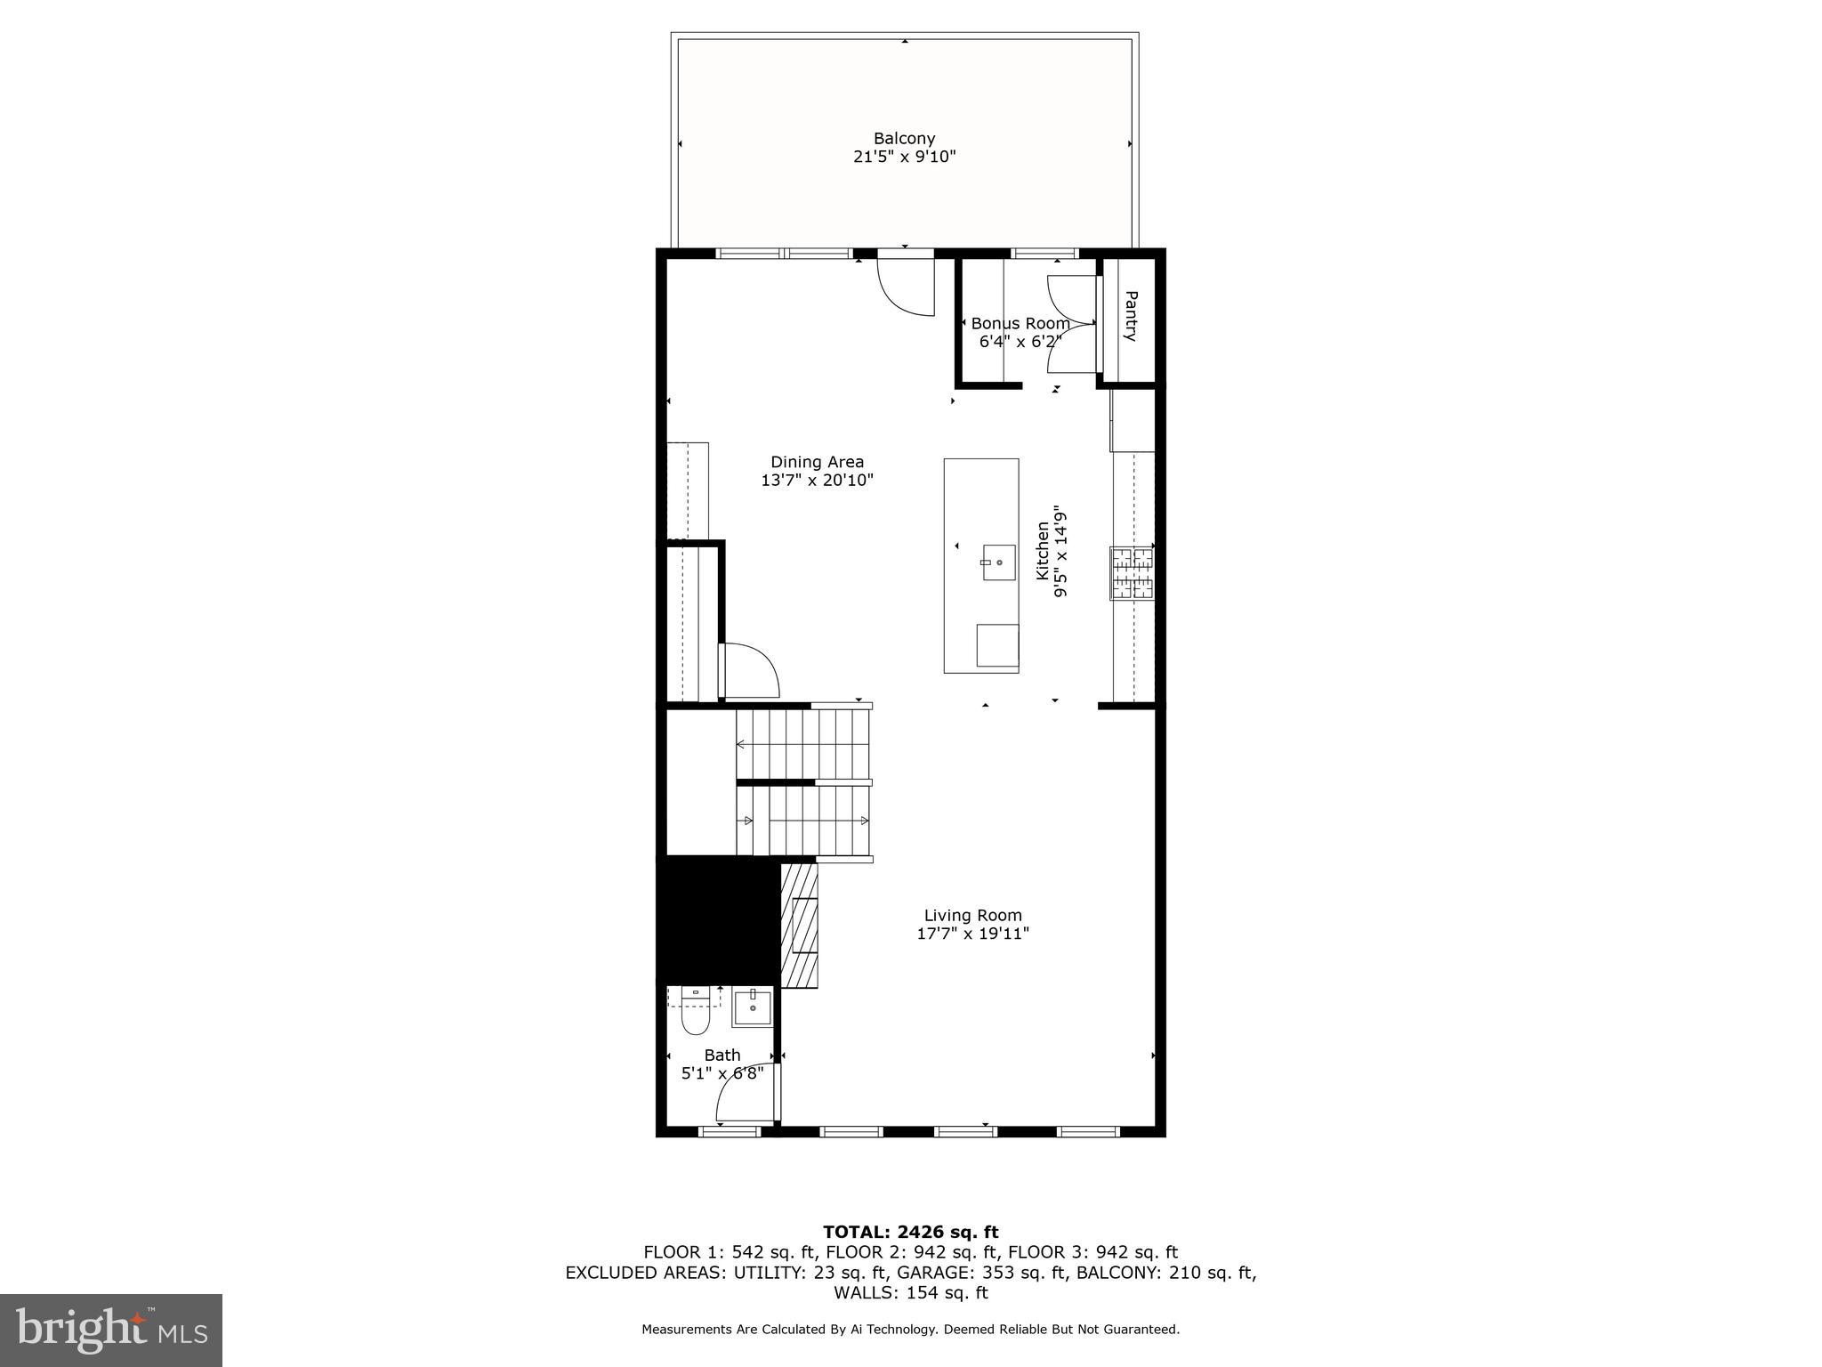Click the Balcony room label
pos(904,139)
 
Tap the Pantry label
pos(1130,316)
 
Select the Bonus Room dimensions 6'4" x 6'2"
pos(1020,341)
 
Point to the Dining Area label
pos(817,462)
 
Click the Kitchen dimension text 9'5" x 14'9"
pos(1060,552)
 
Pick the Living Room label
pos(972,915)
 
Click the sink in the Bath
pos(753,1007)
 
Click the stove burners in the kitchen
pos(1132,573)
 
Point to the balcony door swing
pos(906,287)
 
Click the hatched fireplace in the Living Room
pos(799,926)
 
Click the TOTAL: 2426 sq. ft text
pos(910,1232)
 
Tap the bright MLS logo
pos(111,1330)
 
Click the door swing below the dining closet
pos(751,670)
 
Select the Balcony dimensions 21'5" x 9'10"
pos(904,158)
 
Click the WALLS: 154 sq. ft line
pos(910,1293)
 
